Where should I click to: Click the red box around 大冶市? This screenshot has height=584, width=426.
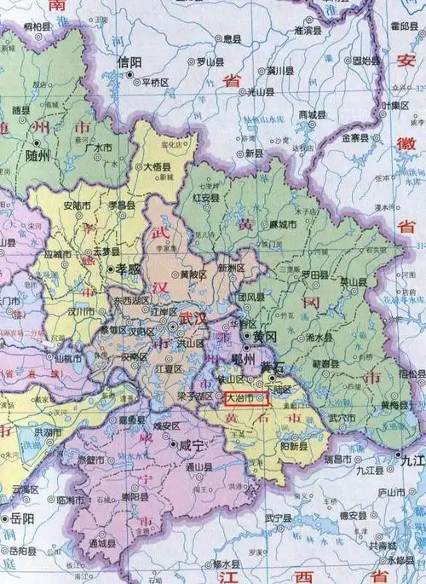coord(247,397)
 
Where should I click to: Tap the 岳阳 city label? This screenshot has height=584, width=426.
coord(23,518)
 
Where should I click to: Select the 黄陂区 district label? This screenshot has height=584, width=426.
coord(194,275)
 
